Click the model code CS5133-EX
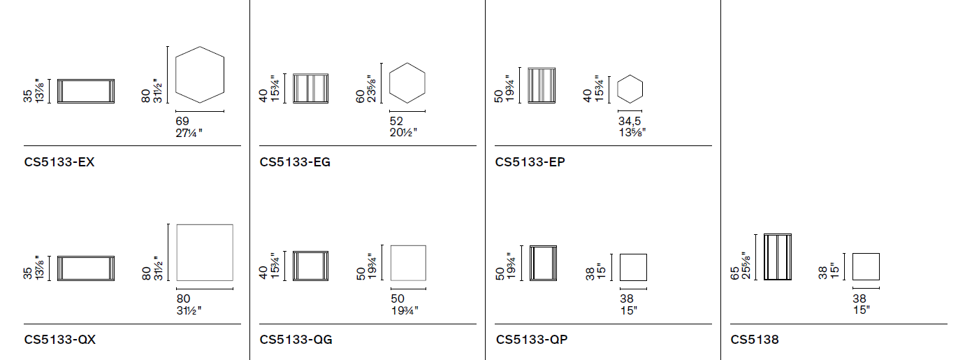tap(59, 161)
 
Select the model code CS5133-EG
tap(295, 161)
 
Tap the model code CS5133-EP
tap(530, 161)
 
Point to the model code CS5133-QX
tap(60, 340)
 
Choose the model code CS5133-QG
tap(296, 340)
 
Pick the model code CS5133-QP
tap(532, 340)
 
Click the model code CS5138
tap(755, 340)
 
